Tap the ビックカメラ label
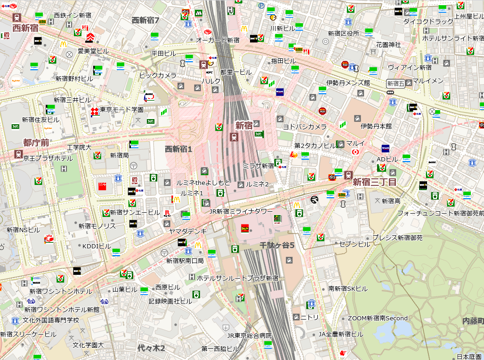(158, 75)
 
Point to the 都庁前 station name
(36, 142)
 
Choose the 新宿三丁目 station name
(374, 182)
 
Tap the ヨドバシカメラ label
(304, 127)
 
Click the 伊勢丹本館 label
(376, 126)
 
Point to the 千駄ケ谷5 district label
(277, 245)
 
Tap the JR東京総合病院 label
(250, 336)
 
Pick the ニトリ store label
(309, 317)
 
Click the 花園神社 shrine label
(388, 45)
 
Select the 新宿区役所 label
(343, 33)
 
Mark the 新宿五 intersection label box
(395, 84)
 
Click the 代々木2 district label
(151, 348)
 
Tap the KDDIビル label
(97, 246)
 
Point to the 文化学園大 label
(88, 345)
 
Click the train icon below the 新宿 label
(233, 137)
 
